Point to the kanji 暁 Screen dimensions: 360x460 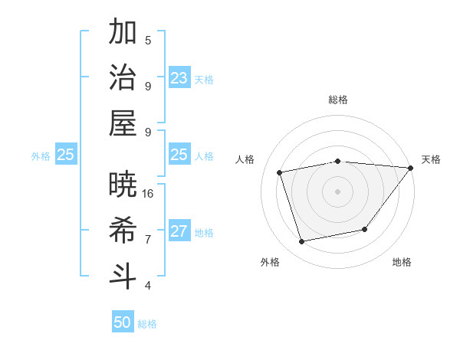(123, 184)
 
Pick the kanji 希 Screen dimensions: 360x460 (123, 230)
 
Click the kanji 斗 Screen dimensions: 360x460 (123, 276)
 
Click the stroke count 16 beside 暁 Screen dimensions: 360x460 (148, 193)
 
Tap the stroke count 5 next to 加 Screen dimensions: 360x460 (148, 41)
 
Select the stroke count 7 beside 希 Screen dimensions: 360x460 (148, 240)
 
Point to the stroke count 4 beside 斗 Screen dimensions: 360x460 (148, 286)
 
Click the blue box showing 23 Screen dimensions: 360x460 (179, 78)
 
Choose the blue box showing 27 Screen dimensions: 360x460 (179, 231)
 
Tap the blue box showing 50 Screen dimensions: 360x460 (123, 322)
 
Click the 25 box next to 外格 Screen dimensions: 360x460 (65, 155)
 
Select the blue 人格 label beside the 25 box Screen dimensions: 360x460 (204, 155)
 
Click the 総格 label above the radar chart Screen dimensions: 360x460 (337, 100)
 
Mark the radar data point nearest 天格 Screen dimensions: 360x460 (409, 168)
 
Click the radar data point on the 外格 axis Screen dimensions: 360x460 (301, 241)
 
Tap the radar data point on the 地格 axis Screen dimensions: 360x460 (365, 229)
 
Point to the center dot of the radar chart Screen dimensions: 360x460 (337, 191)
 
